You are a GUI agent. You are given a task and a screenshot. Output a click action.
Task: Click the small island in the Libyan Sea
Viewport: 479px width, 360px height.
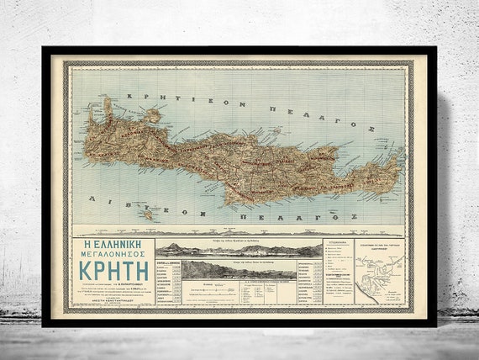coord(148,215)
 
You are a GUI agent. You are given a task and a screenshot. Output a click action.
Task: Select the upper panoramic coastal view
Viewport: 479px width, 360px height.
coord(239,249)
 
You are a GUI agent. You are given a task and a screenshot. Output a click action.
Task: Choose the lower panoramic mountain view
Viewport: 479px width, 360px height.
coord(239,269)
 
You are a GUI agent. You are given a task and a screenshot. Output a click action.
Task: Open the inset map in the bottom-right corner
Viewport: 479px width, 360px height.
coord(378,271)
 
